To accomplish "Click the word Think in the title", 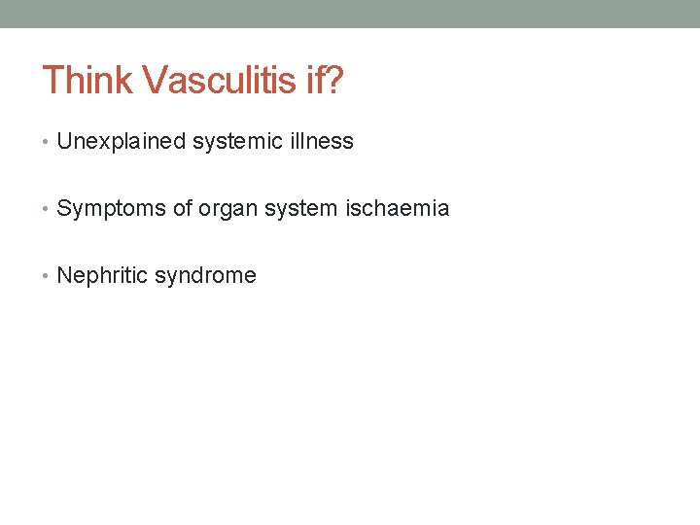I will click(x=87, y=81).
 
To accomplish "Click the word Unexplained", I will click(x=122, y=142).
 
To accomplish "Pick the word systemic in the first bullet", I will click(x=232, y=142).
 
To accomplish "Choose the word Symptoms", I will click(x=111, y=209).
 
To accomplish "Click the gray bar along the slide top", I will click(x=350, y=14).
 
